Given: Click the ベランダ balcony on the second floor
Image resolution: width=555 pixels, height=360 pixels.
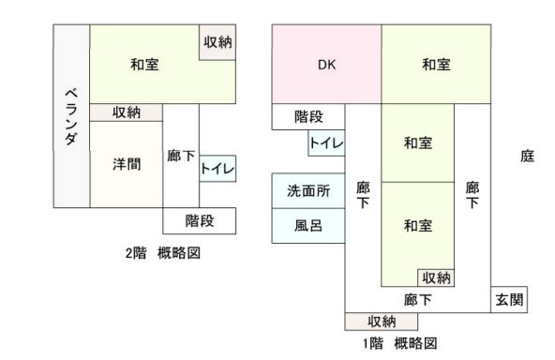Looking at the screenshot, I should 70,116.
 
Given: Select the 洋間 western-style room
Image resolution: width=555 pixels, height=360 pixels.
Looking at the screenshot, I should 127,164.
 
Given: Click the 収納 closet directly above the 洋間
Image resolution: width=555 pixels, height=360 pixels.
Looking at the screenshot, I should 127,112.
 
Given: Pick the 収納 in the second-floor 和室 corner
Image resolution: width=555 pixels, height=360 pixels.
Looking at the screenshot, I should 217,42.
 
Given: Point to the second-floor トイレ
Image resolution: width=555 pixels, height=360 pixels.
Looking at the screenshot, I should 217,170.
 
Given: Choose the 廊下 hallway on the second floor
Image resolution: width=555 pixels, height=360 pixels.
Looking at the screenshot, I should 180,156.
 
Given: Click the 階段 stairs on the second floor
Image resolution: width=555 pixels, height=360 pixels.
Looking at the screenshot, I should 199,220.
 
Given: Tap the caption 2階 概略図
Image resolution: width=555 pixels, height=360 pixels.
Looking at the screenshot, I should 163,253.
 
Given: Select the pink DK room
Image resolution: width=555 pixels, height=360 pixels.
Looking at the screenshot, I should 326,65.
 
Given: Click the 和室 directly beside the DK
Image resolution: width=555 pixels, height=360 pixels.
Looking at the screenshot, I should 436,65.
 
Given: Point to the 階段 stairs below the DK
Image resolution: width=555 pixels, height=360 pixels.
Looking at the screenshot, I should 308,116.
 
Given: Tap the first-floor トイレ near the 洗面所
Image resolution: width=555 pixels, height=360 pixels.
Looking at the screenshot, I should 326,143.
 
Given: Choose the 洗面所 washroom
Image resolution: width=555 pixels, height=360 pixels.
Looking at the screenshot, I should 308,190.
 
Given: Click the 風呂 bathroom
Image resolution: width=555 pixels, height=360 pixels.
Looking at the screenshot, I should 308,226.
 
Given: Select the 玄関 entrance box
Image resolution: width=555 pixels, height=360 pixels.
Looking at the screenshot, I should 509,299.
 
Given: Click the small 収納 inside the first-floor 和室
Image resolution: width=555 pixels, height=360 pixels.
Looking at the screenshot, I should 436,277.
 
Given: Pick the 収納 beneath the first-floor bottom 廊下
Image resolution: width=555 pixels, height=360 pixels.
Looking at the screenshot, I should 382,322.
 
